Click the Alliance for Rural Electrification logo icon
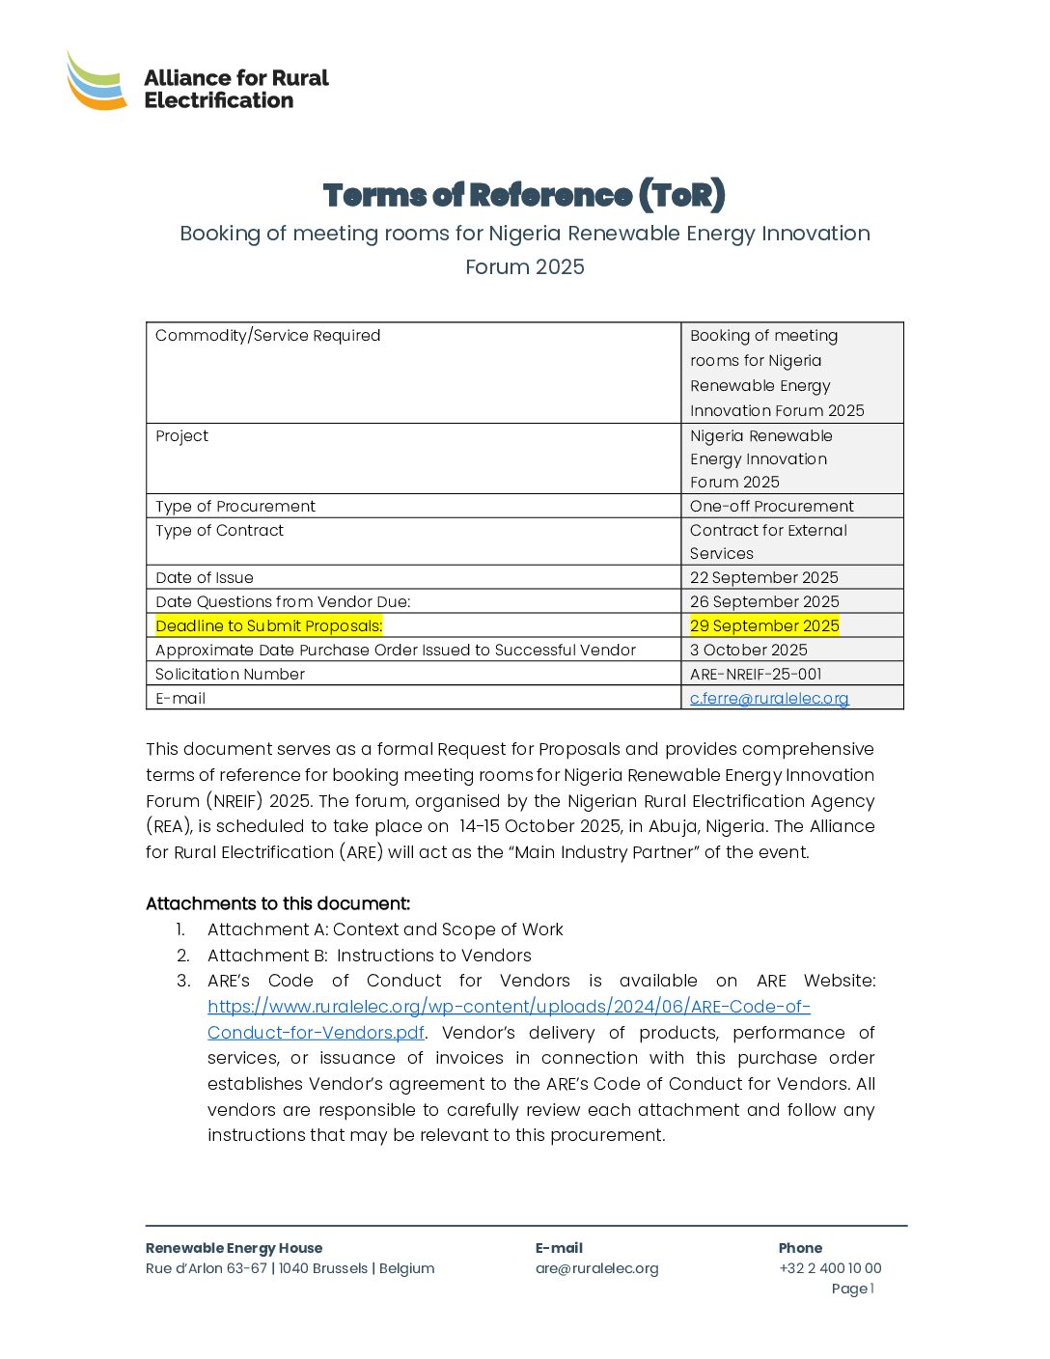[97, 80]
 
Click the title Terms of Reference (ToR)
[524, 195]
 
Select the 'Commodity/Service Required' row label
[268, 336]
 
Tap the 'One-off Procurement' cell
[771, 506]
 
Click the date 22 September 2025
[763, 577]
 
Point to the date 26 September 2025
[764, 601]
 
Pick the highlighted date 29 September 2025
[764, 625]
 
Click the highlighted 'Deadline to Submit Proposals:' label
[269, 625]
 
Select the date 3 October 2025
[748, 650]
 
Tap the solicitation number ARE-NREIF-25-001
[756, 674]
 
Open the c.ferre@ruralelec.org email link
[769, 698]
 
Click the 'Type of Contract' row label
[220, 530]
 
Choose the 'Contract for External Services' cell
[768, 541]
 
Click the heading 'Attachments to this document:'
[278, 903]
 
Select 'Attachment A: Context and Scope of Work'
[385, 929]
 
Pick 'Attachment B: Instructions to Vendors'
[369, 956]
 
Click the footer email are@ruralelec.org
[596, 1268]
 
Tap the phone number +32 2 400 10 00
[830, 1268]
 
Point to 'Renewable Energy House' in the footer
[234, 1248]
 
